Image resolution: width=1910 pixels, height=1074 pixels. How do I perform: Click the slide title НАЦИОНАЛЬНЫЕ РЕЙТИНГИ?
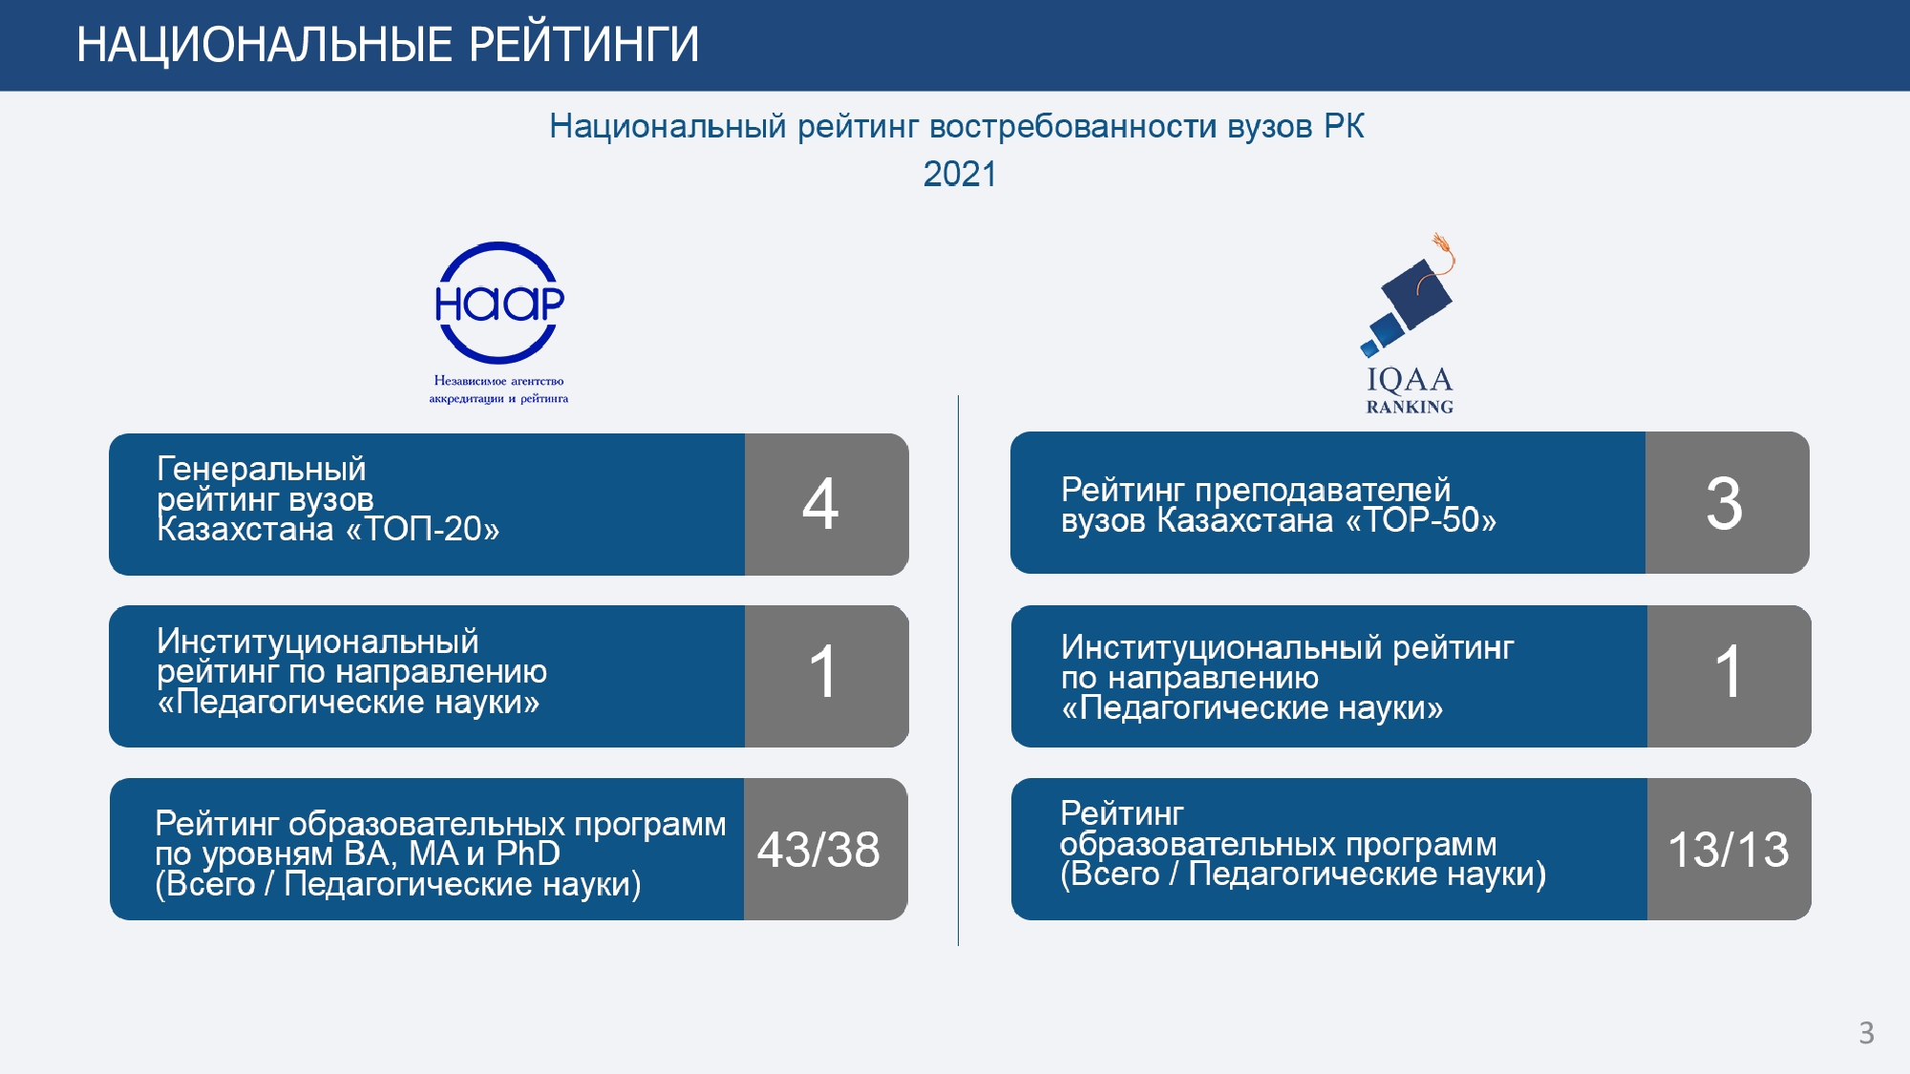pyautogui.click(x=388, y=45)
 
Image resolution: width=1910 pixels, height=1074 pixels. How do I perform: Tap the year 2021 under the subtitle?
pyautogui.click(x=959, y=174)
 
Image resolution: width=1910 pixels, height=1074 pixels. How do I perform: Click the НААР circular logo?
pyautogui.click(x=499, y=303)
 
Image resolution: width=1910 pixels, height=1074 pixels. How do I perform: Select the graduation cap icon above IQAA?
pyautogui.click(x=1408, y=296)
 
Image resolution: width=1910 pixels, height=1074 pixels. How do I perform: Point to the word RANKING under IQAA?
pyautogui.click(x=1410, y=407)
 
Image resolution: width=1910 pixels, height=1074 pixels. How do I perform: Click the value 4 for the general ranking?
pyautogui.click(x=820, y=504)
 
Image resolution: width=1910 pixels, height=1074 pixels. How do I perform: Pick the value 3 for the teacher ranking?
pyautogui.click(x=1724, y=503)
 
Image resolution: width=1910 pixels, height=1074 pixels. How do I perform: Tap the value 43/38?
pyautogui.click(x=818, y=849)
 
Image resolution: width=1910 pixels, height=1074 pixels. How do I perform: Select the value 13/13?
pyautogui.click(x=1728, y=849)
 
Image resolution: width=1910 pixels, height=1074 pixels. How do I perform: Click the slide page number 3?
pyautogui.click(x=1866, y=1033)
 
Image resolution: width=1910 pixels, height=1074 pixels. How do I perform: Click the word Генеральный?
pyautogui.click(x=262, y=469)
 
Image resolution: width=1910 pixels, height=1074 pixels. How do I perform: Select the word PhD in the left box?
pyautogui.click(x=528, y=853)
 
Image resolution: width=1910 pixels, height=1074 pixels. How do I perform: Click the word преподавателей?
pyautogui.click(x=1323, y=490)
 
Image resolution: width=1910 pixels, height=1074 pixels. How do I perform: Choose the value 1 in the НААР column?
pyautogui.click(x=822, y=671)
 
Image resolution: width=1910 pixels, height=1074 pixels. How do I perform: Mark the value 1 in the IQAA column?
pyautogui.click(x=1728, y=671)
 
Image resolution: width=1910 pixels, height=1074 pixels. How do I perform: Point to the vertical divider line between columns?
pyautogui.click(x=958, y=670)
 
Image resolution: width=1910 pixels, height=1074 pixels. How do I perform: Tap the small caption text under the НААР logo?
pyautogui.click(x=499, y=390)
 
